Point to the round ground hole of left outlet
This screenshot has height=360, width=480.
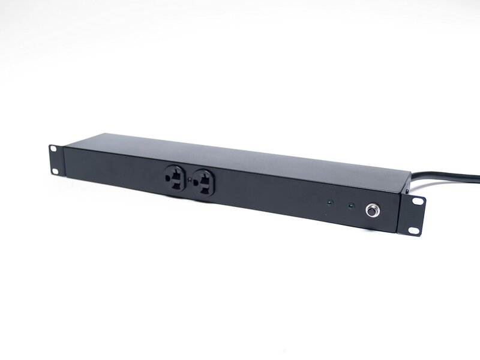(167, 178)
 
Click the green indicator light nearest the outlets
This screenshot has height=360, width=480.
(328, 202)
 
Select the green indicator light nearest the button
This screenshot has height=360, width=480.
(352, 206)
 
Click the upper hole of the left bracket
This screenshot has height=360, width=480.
(53, 149)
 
